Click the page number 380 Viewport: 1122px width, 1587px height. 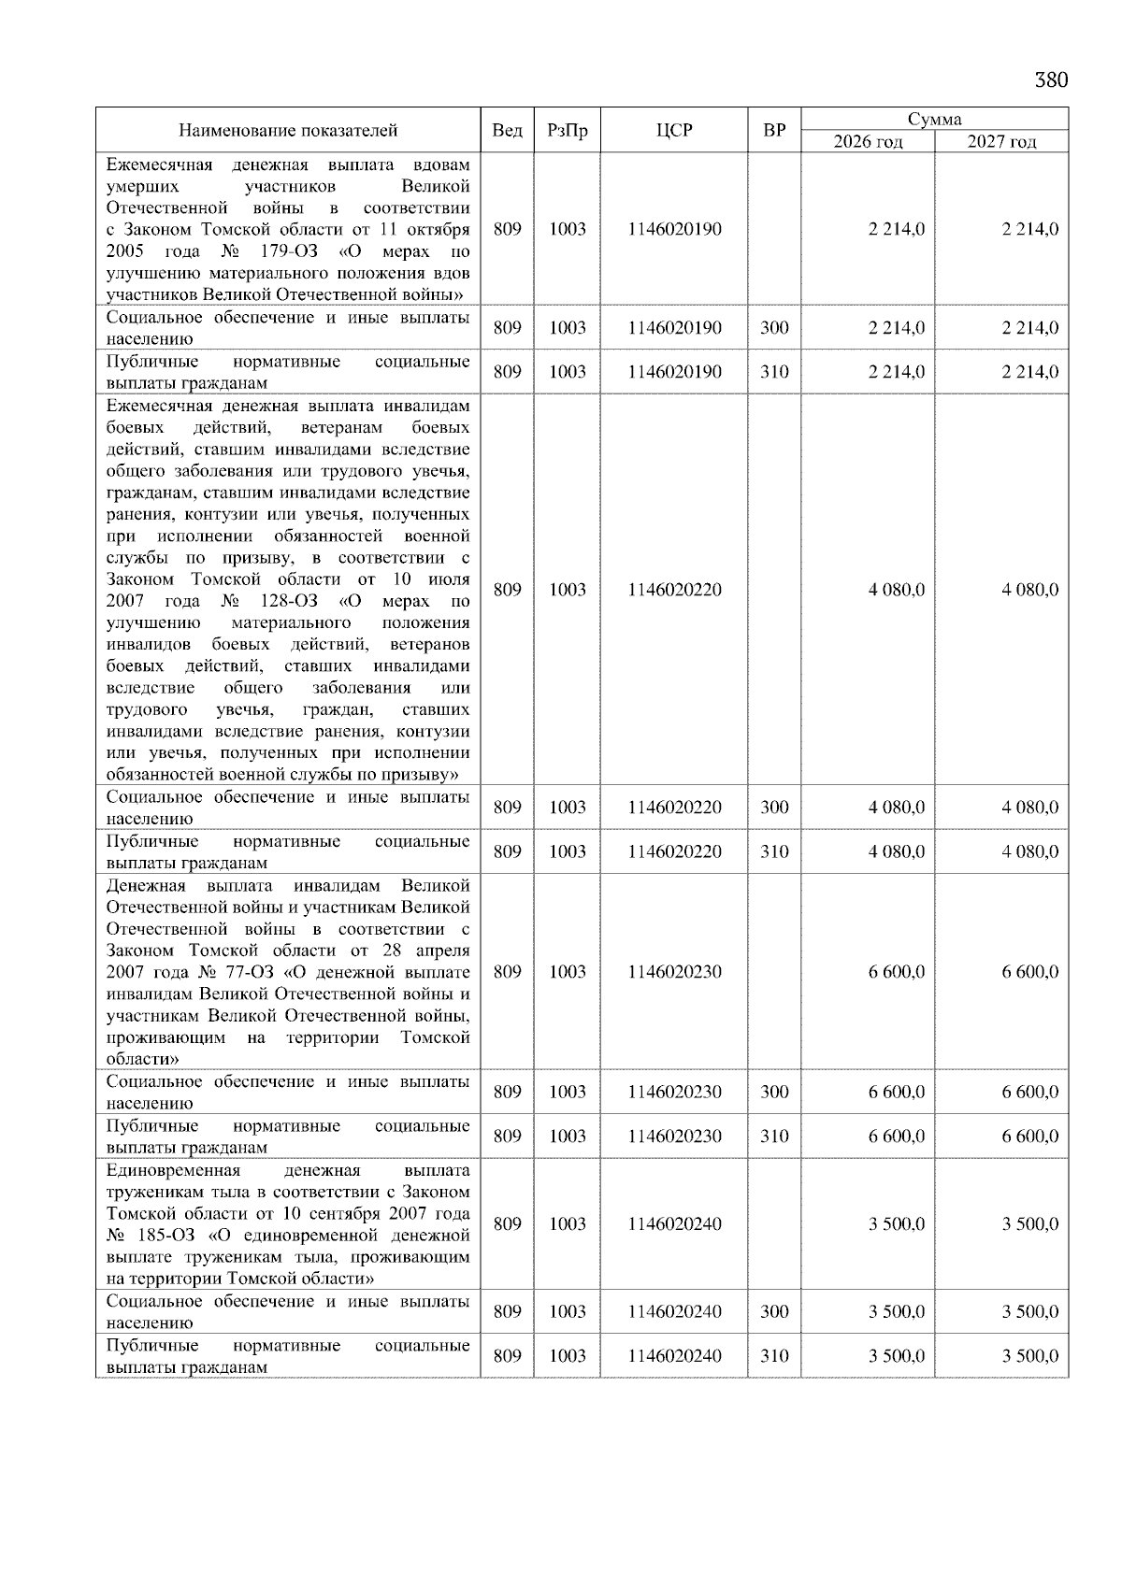(x=1051, y=80)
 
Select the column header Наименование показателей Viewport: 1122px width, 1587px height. (x=288, y=131)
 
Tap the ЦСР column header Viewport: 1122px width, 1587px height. (x=674, y=131)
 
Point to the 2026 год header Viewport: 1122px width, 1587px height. (x=868, y=142)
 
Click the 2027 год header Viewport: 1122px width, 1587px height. (x=1001, y=142)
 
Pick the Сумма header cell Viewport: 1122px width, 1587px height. (x=934, y=120)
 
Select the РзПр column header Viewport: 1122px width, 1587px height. (x=567, y=131)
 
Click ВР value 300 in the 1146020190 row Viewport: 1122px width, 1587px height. (x=774, y=328)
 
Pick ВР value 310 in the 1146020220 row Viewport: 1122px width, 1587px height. (x=774, y=851)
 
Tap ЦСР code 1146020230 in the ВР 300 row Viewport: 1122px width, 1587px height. (x=674, y=1092)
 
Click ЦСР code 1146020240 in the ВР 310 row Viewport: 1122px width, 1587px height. (x=674, y=1356)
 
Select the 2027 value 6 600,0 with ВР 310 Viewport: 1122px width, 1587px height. (x=1030, y=1137)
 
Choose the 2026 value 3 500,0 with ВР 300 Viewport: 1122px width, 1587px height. (x=897, y=1312)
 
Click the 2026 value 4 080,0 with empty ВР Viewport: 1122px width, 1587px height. (x=897, y=590)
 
